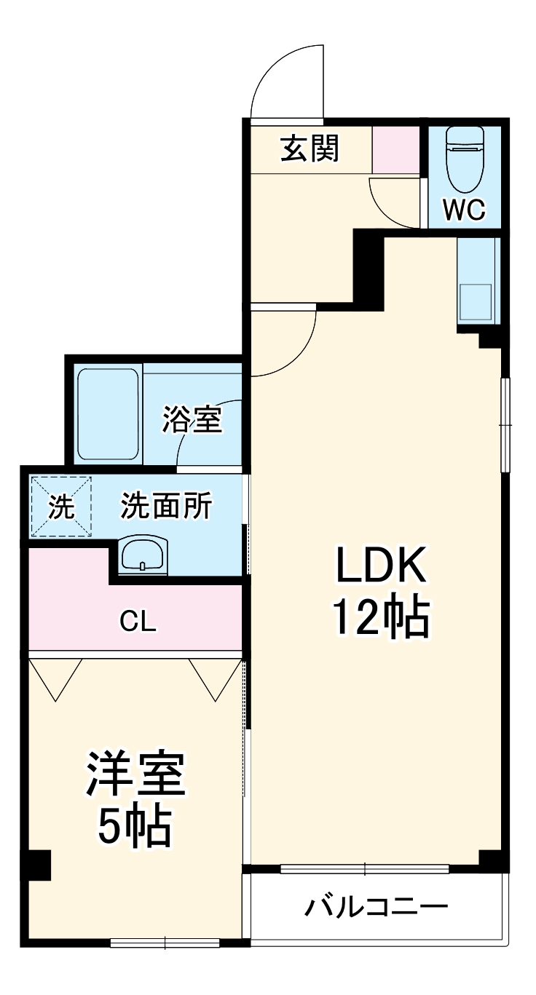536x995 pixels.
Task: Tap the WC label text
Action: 464,210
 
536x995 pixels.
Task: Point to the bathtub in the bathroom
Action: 108,413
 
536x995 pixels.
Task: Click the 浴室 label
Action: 192,421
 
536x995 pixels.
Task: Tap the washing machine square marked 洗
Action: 61,507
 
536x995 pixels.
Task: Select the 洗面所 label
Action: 166,507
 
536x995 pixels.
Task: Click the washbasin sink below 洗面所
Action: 143,557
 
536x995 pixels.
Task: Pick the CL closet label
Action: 139,622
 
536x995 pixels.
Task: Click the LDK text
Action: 379,565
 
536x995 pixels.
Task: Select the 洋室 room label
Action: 137,777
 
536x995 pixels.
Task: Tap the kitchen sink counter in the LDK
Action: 478,281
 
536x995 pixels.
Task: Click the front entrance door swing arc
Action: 284,80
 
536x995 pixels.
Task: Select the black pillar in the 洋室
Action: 38,865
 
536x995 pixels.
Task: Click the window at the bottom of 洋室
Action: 165,943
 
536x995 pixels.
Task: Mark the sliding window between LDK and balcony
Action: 364,868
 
